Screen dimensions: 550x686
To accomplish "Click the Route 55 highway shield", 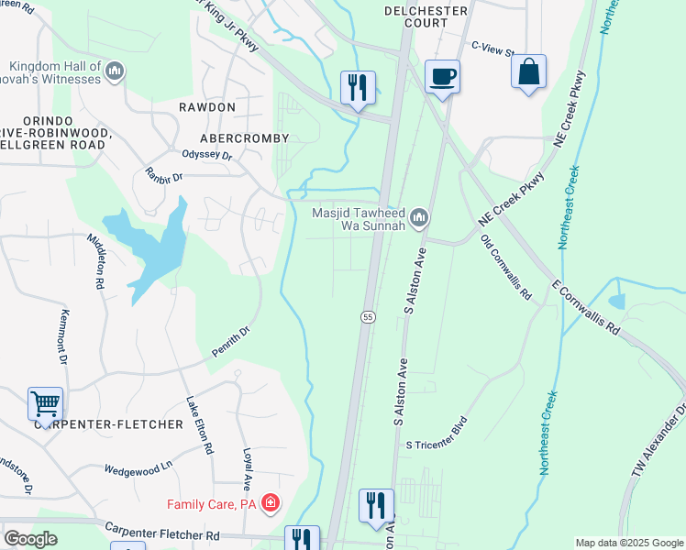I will coord(367,316).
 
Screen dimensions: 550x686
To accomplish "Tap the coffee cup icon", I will coord(442,77).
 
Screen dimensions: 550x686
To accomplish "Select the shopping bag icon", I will coord(529,72).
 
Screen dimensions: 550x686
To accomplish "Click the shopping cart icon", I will coord(45,403).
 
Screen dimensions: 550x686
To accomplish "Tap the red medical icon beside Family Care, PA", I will coord(270,502).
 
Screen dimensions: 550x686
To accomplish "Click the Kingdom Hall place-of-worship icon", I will coord(115,71).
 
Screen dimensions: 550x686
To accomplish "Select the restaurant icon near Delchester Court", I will coord(355,88).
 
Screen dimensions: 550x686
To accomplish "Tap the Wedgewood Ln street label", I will coord(138,466).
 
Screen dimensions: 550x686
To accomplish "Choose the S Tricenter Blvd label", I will coord(437,445).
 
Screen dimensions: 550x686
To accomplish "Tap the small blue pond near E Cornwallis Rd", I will coord(615,301).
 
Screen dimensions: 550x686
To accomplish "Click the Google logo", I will coord(30,539).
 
